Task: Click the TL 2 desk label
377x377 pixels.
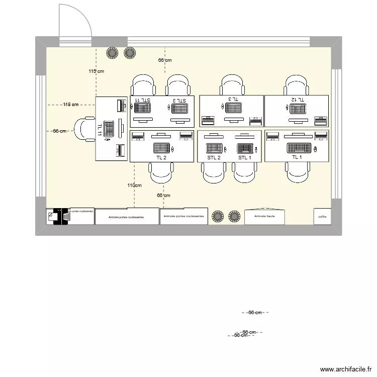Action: click(161, 157)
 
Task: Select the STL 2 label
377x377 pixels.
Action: click(214, 157)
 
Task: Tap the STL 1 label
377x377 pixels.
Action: click(245, 157)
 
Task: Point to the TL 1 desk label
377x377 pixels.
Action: click(297, 157)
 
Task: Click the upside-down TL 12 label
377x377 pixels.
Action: click(297, 100)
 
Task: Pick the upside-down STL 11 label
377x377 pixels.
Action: click(143, 100)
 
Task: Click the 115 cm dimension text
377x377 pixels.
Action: click(97, 71)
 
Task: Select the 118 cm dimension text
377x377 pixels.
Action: click(70, 105)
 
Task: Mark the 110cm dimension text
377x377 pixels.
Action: click(134, 185)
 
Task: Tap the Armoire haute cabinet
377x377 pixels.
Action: click(264, 216)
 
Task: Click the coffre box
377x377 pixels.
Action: click(322, 217)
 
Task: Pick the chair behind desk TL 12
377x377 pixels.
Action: click(296, 84)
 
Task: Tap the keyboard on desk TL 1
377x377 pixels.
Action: click(299, 148)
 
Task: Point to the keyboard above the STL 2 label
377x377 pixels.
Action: click(214, 148)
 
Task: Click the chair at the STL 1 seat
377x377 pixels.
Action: click(245, 173)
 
